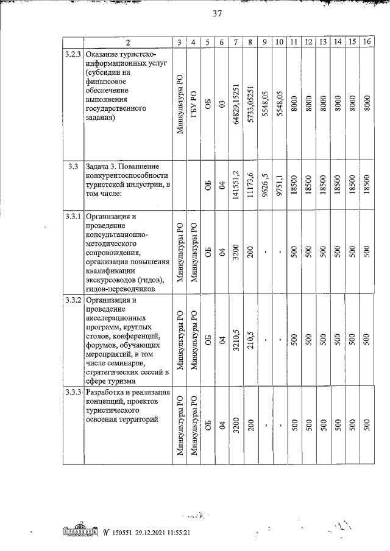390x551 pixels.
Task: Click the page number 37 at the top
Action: coord(216,13)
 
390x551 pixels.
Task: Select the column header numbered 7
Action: coord(235,42)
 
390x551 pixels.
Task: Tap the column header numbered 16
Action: coord(367,42)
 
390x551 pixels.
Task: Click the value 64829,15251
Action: coord(235,104)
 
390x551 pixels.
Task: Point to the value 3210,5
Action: coord(235,341)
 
